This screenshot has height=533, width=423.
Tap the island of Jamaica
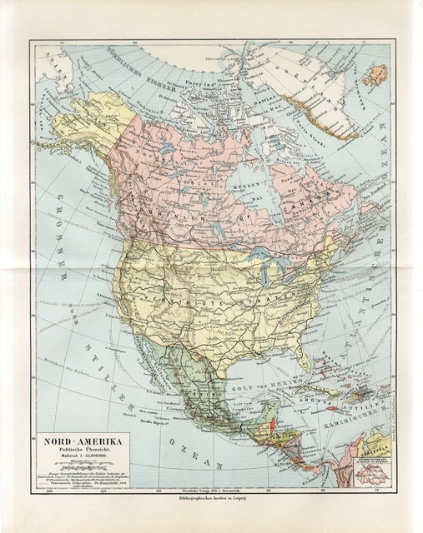(x=321, y=411)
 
